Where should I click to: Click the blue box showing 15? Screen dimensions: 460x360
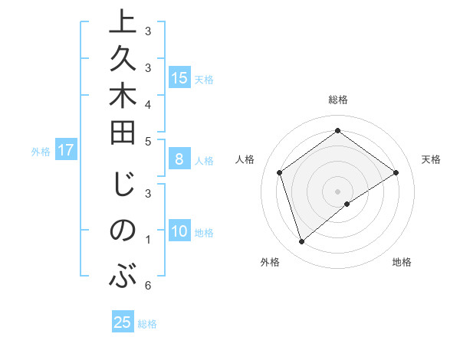coord(179,77)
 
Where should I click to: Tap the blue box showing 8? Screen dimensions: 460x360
coord(179,159)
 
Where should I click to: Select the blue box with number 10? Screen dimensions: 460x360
coord(179,231)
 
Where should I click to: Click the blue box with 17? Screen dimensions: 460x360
coord(66,150)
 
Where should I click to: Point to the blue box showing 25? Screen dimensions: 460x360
coord(123,322)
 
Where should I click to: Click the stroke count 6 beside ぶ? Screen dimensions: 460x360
coord(147,286)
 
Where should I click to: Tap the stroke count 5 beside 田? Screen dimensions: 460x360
coord(147,140)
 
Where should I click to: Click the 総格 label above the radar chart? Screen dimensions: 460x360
coord(337,100)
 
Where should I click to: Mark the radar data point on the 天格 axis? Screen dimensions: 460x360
coord(396,172)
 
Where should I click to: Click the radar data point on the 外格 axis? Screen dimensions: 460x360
coord(301,242)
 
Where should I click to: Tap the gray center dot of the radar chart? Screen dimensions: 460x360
coord(337,191)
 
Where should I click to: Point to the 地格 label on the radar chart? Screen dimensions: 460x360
coord(402,262)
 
